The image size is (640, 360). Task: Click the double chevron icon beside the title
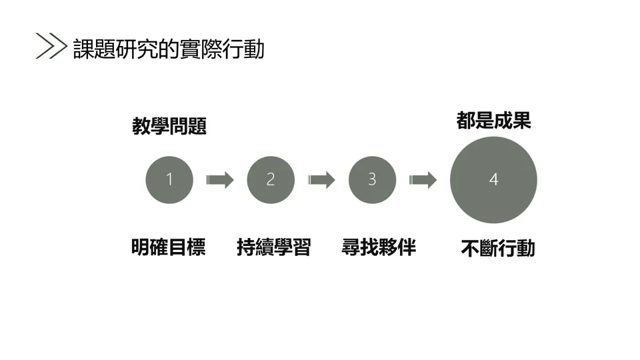pyautogui.click(x=51, y=46)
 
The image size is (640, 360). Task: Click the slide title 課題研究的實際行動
pyautogui.click(x=169, y=48)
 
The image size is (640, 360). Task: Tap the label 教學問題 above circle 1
pyautogui.click(x=169, y=126)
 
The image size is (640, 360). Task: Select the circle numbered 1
pyautogui.click(x=169, y=179)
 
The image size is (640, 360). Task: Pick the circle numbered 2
pyautogui.click(x=271, y=179)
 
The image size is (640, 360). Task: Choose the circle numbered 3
pyautogui.click(x=372, y=179)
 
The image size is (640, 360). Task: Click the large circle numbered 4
pyautogui.click(x=493, y=179)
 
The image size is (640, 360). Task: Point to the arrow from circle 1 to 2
pyautogui.click(x=220, y=179)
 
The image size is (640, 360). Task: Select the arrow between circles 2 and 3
pyautogui.click(x=321, y=179)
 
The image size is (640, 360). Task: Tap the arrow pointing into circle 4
pyautogui.click(x=423, y=179)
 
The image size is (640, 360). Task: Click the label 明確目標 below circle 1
pyautogui.click(x=168, y=247)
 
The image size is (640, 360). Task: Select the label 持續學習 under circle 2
pyautogui.click(x=273, y=247)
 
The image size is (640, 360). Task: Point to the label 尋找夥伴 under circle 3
pyautogui.click(x=379, y=247)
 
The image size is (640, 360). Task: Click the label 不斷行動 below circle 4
pyautogui.click(x=497, y=249)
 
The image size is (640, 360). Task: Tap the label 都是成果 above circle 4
pyautogui.click(x=493, y=121)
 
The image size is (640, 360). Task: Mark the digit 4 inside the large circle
pyautogui.click(x=493, y=179)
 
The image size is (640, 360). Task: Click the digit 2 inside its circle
pyautogui.click(x=271, y=179)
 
